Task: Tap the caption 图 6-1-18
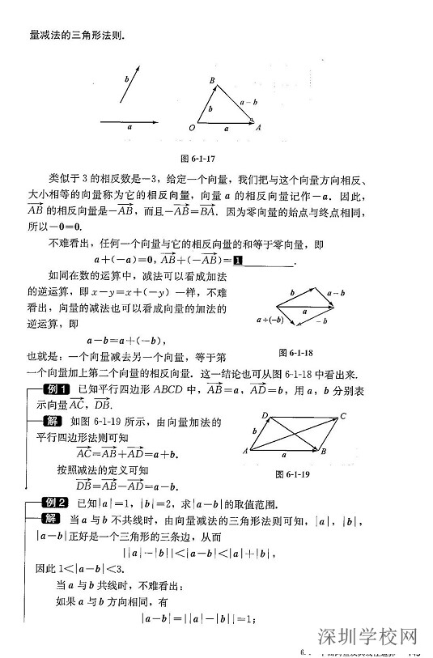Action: point(300,353)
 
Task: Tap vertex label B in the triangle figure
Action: point(211,81)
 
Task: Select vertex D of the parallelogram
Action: point(265,415)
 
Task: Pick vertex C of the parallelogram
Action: point(343,417)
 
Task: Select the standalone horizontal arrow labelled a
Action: point(129,122)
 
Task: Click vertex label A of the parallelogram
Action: point(245,450)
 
